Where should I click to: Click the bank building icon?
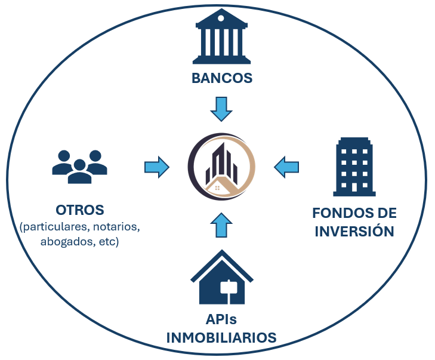coord(221,36)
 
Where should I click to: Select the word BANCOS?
coord(222,78)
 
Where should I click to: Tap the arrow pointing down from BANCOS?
coord(221,109)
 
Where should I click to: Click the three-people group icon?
coord(79,167)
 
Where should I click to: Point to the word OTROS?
coord(80,210)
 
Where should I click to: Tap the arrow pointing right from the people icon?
coord(157,167)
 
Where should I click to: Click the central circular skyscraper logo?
coord(221,167)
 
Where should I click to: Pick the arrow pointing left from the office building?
coord(286,167)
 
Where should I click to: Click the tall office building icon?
coord(354,167)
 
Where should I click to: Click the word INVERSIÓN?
coord(354,231)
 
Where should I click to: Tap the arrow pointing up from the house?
coord(221,225)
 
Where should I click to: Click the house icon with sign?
coord(222,277)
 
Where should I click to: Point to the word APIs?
coord(221,319)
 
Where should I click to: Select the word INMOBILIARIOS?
coord(221,338)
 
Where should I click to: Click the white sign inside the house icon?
coord(229,287)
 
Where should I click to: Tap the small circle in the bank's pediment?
coord(221,19)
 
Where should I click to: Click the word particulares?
coord(55,227)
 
